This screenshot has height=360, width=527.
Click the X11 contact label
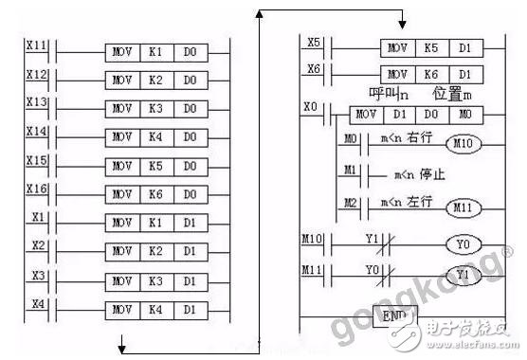pyautogui.click(x=37, y=45)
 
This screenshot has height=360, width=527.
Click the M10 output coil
pyautogui.click(x=463, y=144)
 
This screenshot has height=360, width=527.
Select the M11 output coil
pyautogui.click(x=463, y=206)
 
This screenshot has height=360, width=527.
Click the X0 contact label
pyautogui.click(x=310, y=107)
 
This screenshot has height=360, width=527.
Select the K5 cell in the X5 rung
pyautogui.click(x=433, y=47)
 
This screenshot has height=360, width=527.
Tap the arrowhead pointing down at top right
pyautogui.click(x=402, y=24)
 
